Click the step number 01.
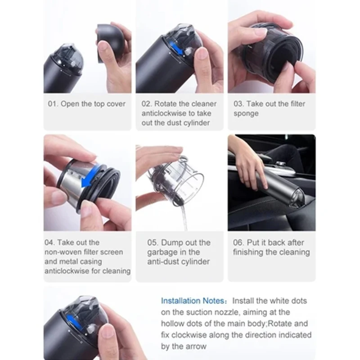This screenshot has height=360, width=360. [53, 104]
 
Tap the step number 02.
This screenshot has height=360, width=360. [147, 104]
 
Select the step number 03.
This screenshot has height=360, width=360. [239, 104]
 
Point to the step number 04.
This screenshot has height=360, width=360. [49, 243]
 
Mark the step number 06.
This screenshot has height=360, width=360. [238, 243]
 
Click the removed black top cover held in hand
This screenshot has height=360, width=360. [109, 44]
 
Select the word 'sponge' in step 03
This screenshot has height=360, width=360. [246, 114]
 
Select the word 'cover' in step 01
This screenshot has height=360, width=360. [116, 104]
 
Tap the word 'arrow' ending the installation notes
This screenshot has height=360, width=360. [195, 346]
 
